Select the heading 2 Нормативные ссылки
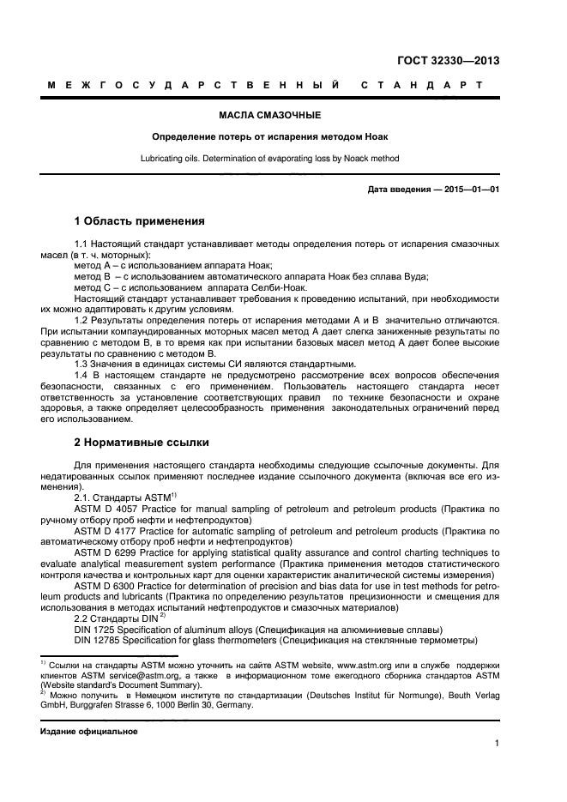141,443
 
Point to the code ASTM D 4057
106,510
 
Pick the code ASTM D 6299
106,552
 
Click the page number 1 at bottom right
497,745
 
